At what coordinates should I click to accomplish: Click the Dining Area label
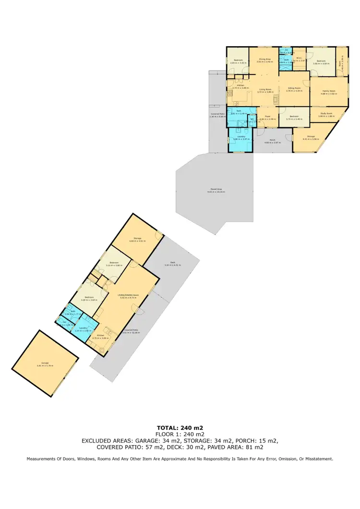(x=264, y=60)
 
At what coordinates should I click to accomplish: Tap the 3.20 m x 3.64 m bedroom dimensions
(x=90, y=300)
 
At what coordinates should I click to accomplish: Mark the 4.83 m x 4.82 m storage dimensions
(x=137, y=240)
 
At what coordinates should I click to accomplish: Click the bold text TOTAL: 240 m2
(x=180, y=427)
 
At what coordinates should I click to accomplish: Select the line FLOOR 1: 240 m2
(x=180, y=434)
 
